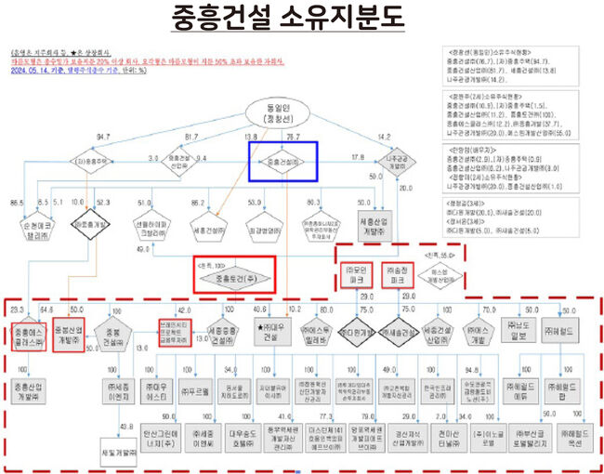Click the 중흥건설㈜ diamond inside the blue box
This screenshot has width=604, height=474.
[x=288, y=161]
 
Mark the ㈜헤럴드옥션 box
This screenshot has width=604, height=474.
[x=567, y=436]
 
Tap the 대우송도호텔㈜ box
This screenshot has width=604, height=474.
[x=244, y=436]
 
